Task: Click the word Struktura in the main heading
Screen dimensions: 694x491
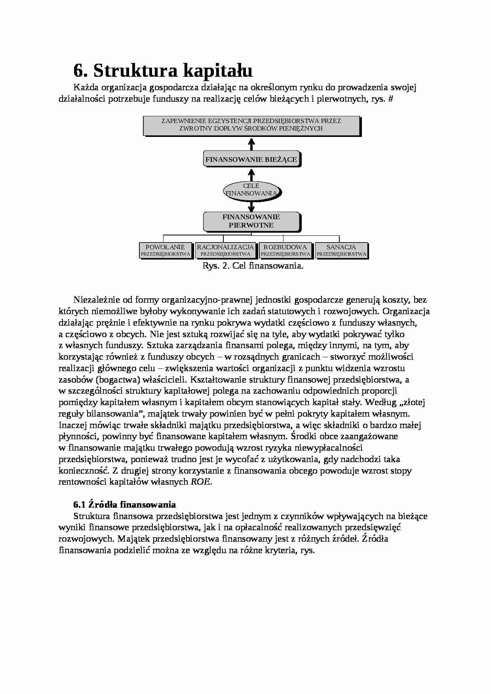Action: pos(135,71)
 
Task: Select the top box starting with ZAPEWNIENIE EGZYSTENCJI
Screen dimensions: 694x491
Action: pos(251,125)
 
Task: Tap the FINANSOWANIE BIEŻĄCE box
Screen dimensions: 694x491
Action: pos(251,159)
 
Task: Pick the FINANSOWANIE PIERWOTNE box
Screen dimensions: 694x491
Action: pos(251,221)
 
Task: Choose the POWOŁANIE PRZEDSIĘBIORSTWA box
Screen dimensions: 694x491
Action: pos(166,250)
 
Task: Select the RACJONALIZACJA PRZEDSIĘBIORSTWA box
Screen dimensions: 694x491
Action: pos(225,250)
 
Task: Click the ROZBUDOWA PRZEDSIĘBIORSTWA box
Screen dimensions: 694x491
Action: pos(285,250)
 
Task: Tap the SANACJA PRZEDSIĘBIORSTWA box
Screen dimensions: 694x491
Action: pos(341,250)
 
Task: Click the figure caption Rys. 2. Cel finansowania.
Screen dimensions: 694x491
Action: pos(253,266)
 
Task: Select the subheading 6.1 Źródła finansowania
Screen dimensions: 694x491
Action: pos(124,504)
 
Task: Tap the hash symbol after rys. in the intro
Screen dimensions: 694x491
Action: pos(391,99)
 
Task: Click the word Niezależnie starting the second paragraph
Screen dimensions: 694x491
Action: pos(95,300)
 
